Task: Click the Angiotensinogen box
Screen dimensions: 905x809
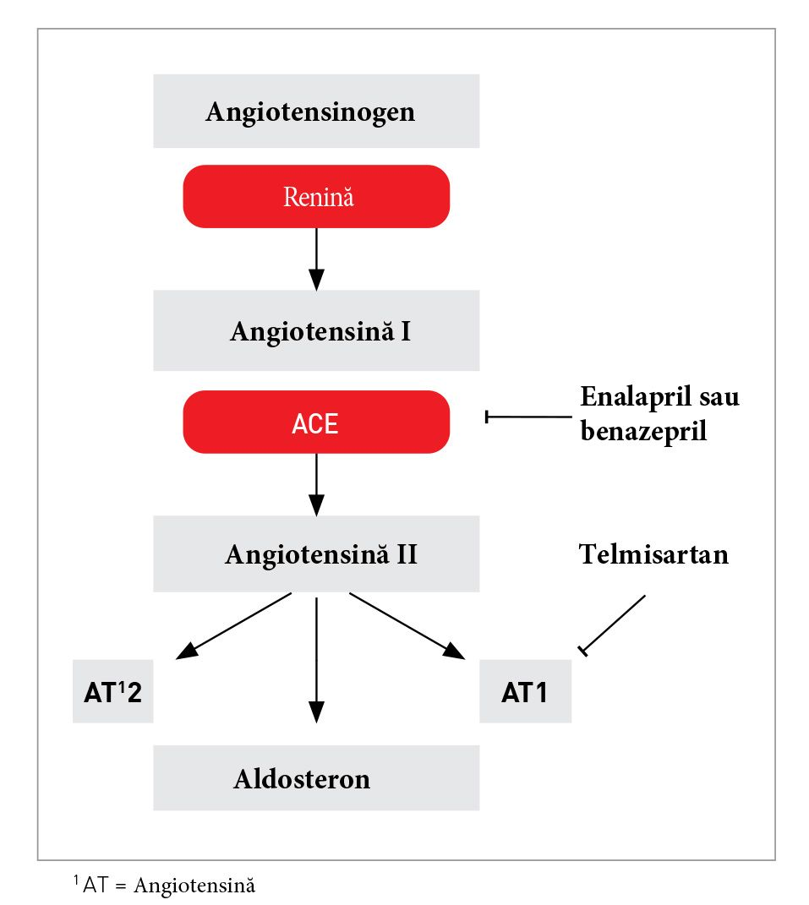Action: click(x=315, y=111)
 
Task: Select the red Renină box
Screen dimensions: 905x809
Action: click(x=315, y=197)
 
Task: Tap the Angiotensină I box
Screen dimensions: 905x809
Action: click(x=315, y=330)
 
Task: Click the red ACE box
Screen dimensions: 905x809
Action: click(x=315, y=423)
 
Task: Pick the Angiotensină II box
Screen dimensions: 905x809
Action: click(x=315, y=554)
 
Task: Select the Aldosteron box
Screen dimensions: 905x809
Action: click(x=315, y=778)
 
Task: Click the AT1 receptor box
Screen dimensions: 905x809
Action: click(x=525, y=693)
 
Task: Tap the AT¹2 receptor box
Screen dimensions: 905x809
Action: click(x=112, y=693)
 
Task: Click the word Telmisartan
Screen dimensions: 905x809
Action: click(x=653, y=554)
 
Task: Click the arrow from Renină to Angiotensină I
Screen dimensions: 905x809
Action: click(x=316, y=258)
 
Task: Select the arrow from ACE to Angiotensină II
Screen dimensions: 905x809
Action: click(x=316, y=483)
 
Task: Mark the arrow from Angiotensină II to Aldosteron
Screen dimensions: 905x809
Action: click(x=316, y=659)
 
